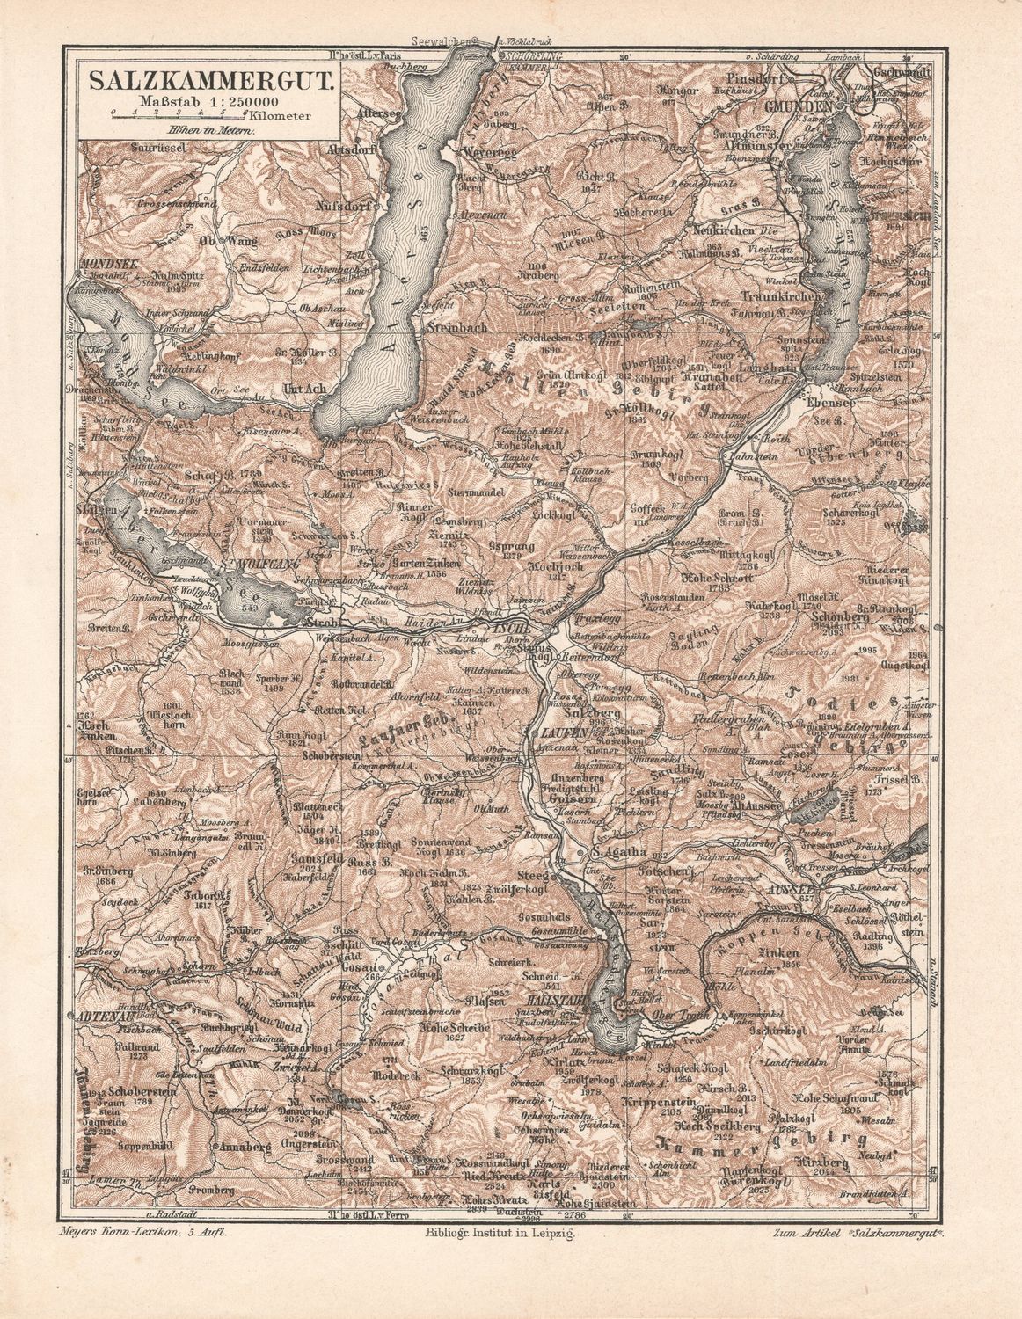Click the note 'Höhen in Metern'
point(209,129)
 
